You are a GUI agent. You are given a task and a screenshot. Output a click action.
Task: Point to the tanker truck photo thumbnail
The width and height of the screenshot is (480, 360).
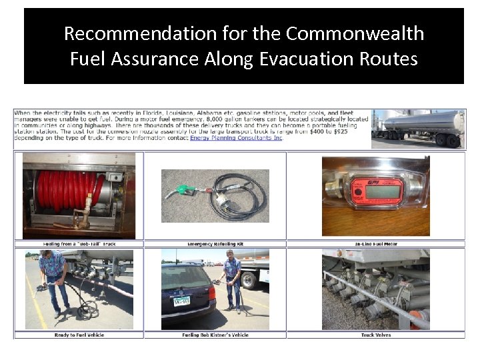[x=418, y=129]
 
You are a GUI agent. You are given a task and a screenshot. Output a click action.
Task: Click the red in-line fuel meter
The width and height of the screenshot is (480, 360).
[x=375, y=191]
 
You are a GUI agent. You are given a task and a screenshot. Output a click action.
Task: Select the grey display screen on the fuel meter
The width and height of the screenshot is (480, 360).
[x=382, y=191]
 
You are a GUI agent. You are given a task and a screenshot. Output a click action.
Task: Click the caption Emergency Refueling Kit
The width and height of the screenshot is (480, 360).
[x=215, y=244]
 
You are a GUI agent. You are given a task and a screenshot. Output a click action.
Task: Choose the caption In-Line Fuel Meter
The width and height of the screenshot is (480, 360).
[x=376, y=244]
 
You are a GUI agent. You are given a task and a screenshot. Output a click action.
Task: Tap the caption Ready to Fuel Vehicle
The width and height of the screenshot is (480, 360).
[x=79, y=335]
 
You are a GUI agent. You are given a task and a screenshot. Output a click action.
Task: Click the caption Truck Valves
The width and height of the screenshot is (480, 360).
[x=376, y=335]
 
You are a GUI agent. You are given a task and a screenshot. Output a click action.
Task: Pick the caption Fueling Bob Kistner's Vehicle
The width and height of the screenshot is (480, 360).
[x=215, y=335]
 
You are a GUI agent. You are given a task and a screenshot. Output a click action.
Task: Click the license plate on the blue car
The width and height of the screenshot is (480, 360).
[x=182, y=301]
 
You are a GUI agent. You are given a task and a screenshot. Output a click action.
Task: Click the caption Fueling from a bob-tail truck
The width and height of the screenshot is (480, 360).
[x=79, y=244]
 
